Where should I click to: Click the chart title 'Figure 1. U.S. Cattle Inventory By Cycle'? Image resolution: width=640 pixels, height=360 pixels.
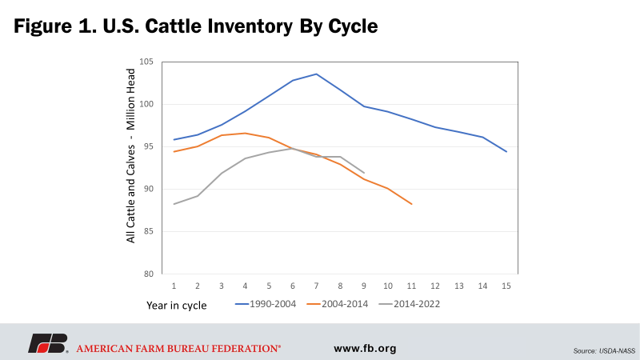pos(195,26)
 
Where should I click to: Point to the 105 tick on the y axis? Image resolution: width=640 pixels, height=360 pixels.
pos(146,62)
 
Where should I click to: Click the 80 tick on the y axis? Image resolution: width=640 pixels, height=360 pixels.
pos(149,274)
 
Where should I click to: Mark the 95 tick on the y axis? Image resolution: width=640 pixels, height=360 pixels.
pos(149,146)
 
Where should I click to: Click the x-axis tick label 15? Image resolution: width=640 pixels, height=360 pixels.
pos(505,286)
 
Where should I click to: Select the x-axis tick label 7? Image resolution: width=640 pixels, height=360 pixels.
pos(316,286)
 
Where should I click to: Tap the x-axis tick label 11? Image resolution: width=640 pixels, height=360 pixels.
pos(410,286)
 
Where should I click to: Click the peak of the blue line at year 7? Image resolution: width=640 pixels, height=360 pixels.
pos(316,74)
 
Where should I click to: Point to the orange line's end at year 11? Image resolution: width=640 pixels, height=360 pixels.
pos(411,204)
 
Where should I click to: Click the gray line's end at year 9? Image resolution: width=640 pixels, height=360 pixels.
pos(364,173)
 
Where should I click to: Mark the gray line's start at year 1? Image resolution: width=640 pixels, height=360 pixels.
pos(174,204)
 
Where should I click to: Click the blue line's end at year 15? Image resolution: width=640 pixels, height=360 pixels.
pos(506,151)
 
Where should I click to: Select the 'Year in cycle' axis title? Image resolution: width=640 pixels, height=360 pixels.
pos(176,306)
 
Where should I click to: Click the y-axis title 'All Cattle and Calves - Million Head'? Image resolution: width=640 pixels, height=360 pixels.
pos(130,166)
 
